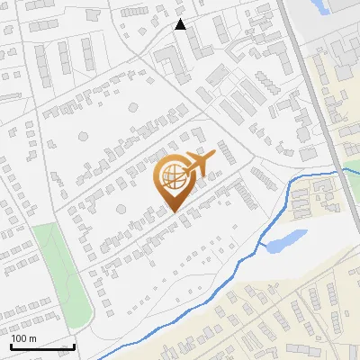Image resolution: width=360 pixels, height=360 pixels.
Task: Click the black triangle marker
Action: point(181,24)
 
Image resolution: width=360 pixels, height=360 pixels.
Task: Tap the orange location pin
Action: point(176,180)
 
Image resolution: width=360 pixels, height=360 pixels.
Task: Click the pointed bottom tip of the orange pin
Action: point(175,212)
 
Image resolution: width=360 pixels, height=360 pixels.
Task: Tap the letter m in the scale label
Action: point(33,338)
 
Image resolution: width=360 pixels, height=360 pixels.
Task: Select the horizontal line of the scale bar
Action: point(42,347)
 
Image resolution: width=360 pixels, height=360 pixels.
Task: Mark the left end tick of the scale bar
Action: point(11,346)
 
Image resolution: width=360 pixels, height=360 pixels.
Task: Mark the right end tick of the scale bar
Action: point(74,346)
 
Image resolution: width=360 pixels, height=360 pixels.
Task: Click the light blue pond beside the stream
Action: point(286,239)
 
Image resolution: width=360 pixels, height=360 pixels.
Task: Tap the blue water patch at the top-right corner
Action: point(322,7)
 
